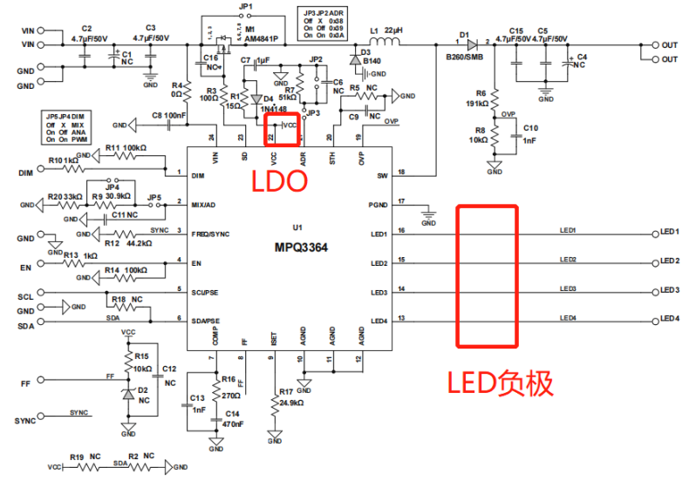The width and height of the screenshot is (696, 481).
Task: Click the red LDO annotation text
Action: [280, 181]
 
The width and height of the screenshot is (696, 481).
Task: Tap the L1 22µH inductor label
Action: [385, 30]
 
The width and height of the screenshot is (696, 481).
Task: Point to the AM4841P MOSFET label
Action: [261, 39]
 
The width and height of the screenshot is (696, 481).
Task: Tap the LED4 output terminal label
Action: [670, 320]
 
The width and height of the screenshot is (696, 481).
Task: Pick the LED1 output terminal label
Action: [670, 233]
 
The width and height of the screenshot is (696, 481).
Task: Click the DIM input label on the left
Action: [25, 173]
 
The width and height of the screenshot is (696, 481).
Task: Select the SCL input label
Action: [25, 297]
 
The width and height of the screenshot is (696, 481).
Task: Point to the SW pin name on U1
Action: [381, 175]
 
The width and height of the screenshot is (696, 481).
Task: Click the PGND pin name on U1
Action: [378, 205]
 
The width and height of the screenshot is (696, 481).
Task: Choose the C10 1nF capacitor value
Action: [530, 140]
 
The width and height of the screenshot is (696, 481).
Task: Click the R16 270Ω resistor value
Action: [229, 395]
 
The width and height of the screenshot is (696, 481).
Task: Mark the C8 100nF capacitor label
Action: [168, 115]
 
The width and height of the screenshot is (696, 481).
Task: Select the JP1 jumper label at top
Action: [245, 7]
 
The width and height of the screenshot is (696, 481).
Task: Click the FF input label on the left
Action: [25, 383]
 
